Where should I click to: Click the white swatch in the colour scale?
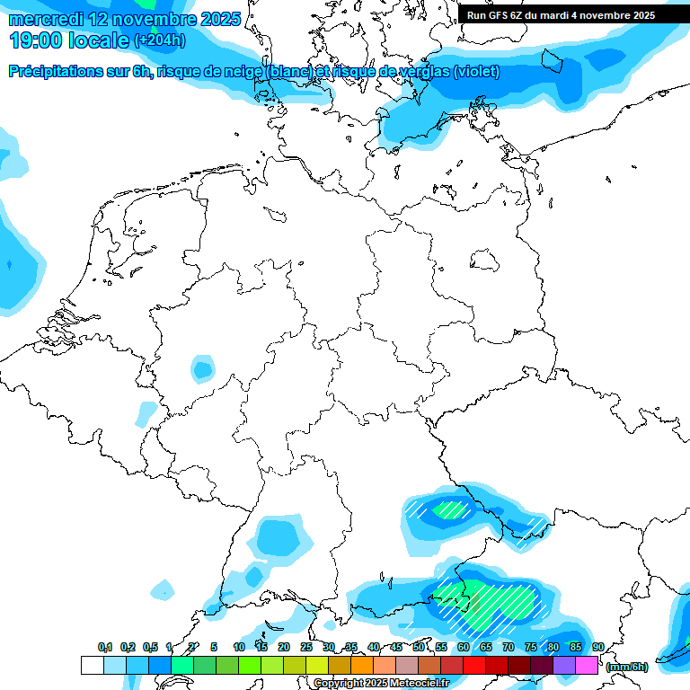tap(92, 665)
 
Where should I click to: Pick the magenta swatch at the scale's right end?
tap(587, 665)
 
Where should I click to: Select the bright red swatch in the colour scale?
tap(473, 665)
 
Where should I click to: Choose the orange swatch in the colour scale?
tap(361, 665)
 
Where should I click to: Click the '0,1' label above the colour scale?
tap(105, 647)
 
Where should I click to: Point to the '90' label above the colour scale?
tap(598, 647)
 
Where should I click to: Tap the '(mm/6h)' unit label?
tap(626, 667)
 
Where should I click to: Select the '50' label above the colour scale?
tap(419, 647)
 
